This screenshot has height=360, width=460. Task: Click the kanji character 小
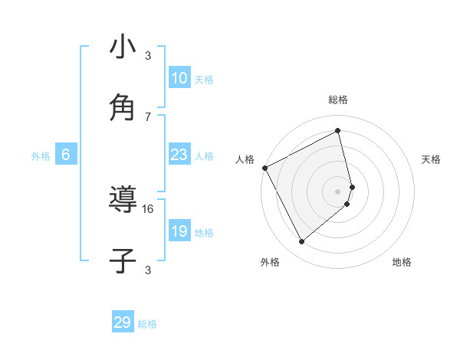[x=123, y=47]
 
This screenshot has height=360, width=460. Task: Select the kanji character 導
[x=123, y=200]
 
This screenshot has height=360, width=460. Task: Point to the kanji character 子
[x=123, y=260]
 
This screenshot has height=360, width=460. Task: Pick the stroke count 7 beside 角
[x=148, y=116]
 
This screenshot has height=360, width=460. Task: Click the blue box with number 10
[x=179, y=78]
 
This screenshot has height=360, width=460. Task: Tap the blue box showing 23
[x=179, y=155]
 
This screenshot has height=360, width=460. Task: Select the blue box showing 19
[x=179, y=231]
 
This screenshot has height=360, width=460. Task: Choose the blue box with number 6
[x=66, y=155]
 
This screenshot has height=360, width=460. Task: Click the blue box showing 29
[x=123, y=322]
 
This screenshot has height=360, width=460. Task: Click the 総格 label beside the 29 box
[x=147, y=324]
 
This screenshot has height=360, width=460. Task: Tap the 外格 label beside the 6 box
[x=41, y=156]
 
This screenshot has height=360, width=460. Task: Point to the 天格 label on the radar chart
[x=432, y=159]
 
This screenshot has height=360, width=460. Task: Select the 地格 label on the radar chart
[x=402, y=262]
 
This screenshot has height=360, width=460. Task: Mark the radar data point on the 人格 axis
[x=264, y=168]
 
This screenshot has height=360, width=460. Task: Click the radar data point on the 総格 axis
[x=338, y=130]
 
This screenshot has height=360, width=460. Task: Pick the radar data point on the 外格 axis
[x=301, y=242]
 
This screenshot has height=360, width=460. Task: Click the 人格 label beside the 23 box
[x=204, y=156]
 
